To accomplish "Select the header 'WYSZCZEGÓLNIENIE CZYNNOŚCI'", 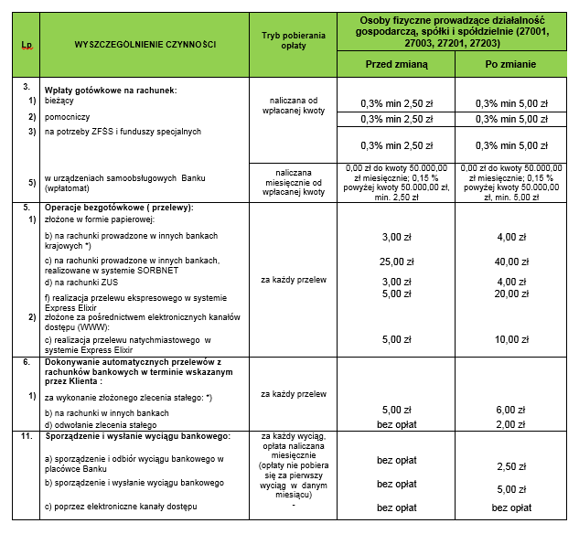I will click(145, 44).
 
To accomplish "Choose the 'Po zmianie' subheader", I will click(510, 65).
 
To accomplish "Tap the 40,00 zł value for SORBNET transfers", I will click(510, 262).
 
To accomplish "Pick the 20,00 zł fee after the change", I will click(510, 294).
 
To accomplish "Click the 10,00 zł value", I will click(510, 339).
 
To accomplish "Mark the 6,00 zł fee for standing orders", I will click(510, 409).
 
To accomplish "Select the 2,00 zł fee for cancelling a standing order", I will click(510, 424).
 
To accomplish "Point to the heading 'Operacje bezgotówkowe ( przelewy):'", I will click(119, 208).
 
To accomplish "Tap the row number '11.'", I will click(27, 437).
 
